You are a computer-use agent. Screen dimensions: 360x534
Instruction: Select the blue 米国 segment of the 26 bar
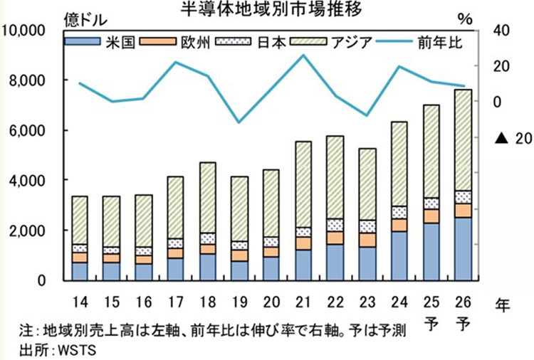click(462, 249)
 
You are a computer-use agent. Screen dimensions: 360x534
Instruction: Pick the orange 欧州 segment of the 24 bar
click(399, 225)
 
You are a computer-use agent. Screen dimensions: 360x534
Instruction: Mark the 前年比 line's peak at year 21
click(303, 55)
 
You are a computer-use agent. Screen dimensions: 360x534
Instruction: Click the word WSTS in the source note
click(78, 349)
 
